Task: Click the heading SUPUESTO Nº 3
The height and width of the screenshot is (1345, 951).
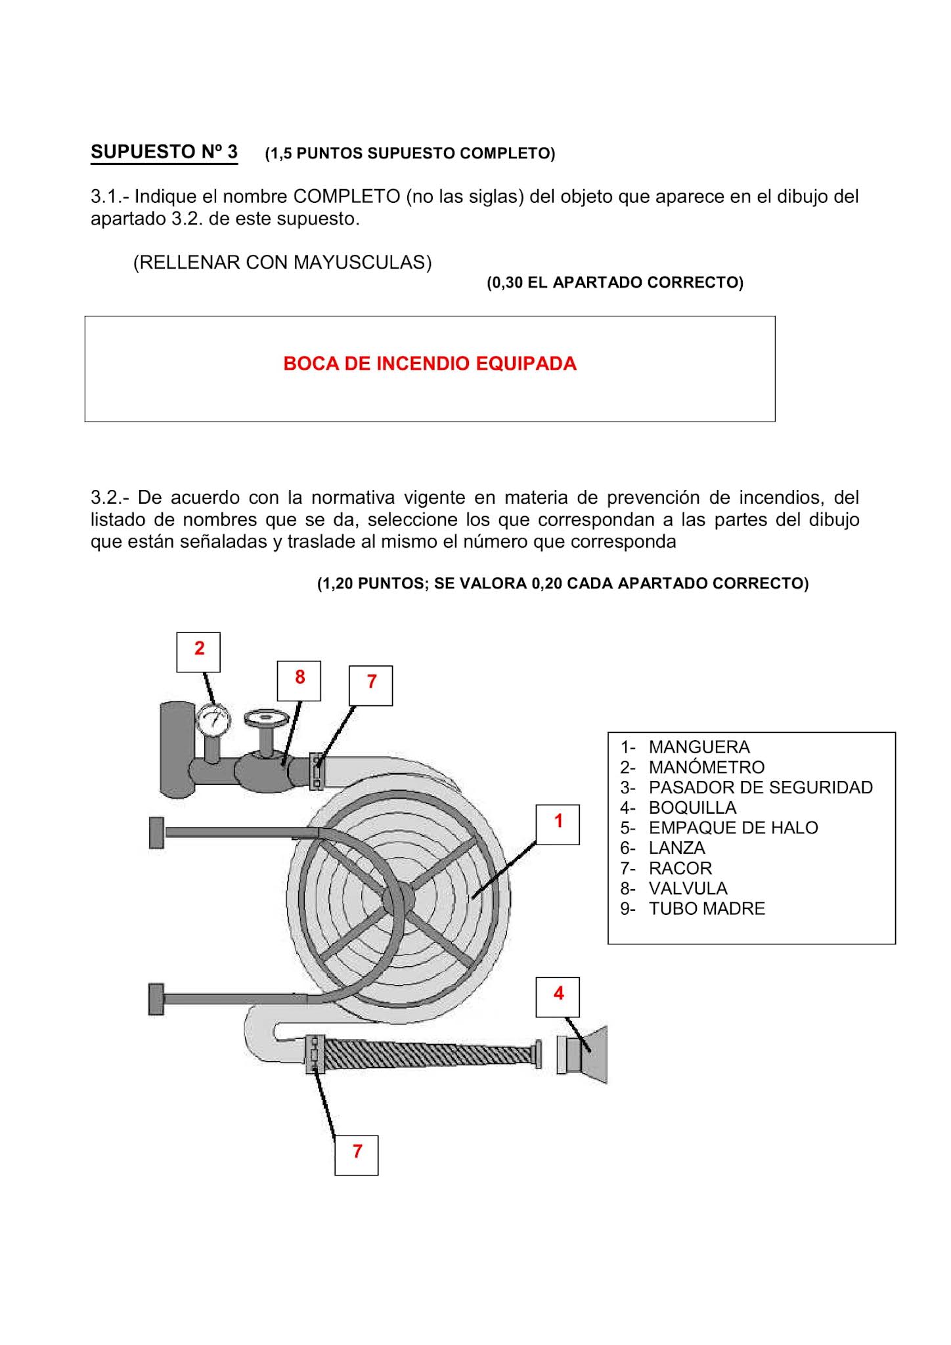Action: click(164, 152)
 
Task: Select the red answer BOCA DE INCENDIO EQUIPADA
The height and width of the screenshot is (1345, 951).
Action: click(430, 364)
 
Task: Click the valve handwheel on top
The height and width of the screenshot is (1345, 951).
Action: click(266, 717)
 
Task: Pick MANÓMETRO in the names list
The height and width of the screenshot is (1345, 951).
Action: click(706, 767)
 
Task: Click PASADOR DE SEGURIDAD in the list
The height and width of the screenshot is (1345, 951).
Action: click(760, 787)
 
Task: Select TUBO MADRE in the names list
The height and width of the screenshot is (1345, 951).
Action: click(706, 909)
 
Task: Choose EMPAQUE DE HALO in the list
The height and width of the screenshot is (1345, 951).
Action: click(733, 827)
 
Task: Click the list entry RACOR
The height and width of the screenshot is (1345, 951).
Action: click(680, 868)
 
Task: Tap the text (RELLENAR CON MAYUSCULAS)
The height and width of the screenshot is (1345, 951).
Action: click(282, 263)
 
